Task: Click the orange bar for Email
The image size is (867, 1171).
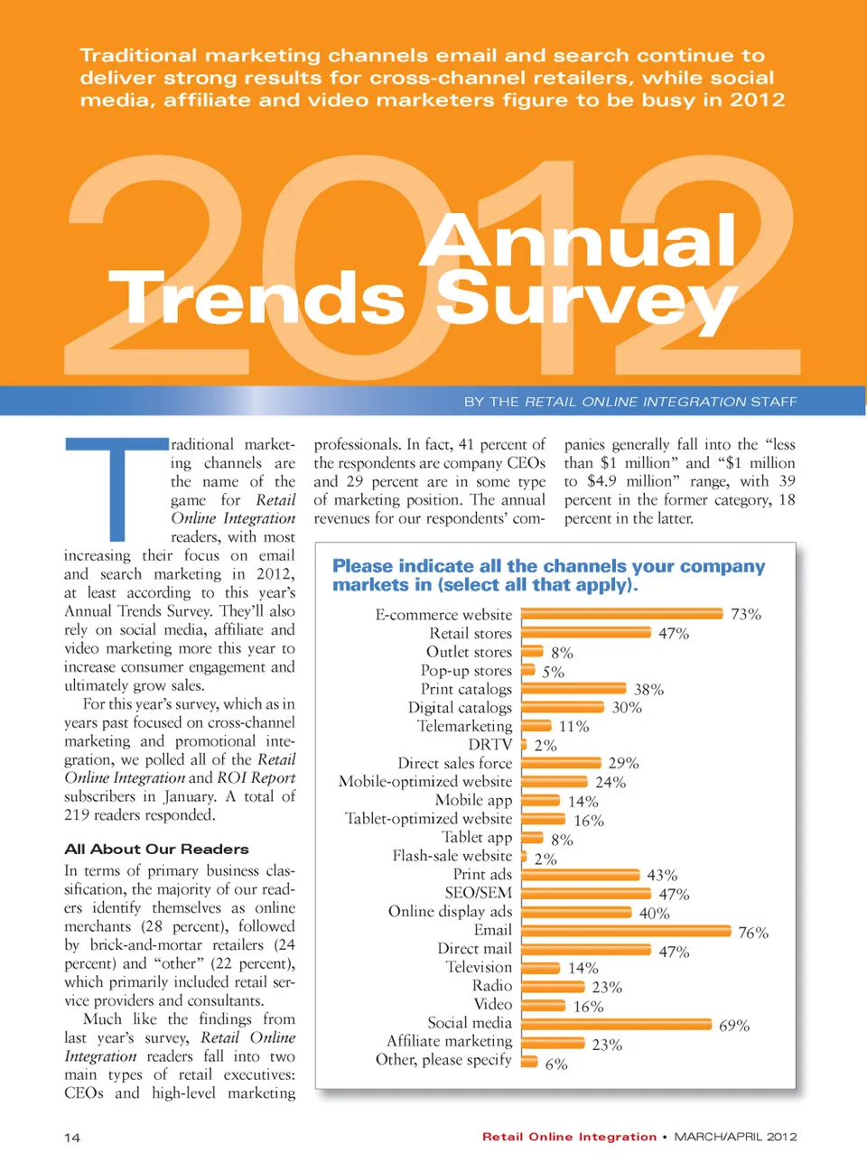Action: coord(626,931)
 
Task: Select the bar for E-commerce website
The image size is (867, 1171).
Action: coord(622,614)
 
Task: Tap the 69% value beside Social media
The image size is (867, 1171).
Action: coord(734,1026)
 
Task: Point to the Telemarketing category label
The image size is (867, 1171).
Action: coord(464,726)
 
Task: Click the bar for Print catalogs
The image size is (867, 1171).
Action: coord(573,689)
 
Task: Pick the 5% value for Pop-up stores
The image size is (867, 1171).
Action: coord(554,672)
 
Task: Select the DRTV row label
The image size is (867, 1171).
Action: coord(489,745)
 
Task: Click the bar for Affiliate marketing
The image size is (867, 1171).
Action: coord(553,1043)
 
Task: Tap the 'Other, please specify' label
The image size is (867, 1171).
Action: coord(443,1060)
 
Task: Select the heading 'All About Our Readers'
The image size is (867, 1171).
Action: coord(156,850)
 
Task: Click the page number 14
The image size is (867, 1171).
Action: coord(72,1138)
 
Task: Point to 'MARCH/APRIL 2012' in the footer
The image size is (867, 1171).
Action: coord(735,1137)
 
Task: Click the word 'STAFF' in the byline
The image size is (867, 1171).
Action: coord(774,402)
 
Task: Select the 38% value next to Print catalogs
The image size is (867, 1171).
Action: coord(648,690)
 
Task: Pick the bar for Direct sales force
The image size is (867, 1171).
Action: coord(561,763)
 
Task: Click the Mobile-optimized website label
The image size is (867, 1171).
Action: coord(425,782)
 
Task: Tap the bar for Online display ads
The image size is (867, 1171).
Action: coord(576,912)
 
